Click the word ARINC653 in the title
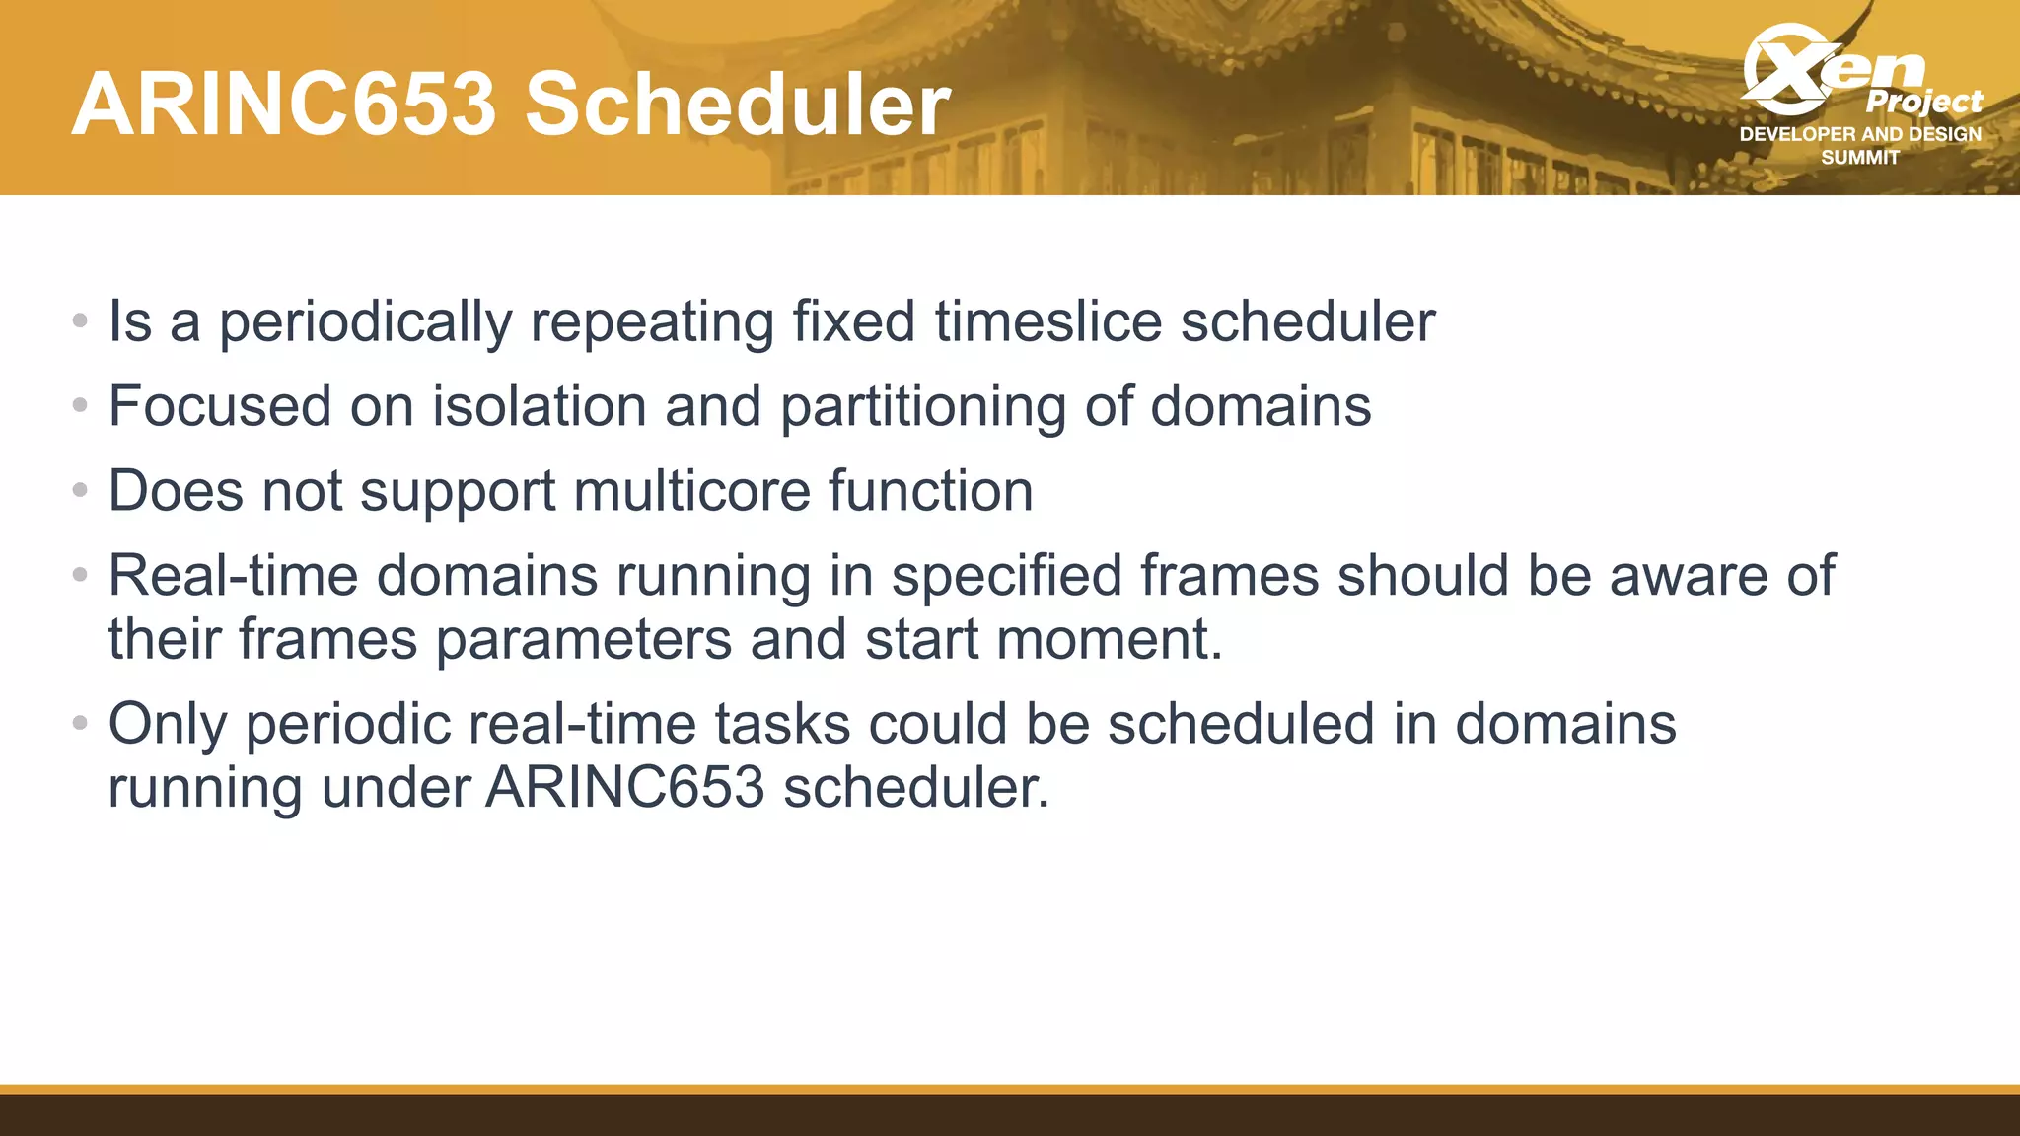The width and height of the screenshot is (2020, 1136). point(284,105)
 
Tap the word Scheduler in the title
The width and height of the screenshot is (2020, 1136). point(738,105)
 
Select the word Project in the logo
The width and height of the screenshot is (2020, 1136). point(1923,102)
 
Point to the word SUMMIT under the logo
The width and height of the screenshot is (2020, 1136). point(1860,158)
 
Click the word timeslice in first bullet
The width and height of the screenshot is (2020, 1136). point(1048,321)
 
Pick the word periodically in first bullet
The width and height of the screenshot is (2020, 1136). point(365,321)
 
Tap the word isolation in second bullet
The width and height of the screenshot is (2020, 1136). point(540,406)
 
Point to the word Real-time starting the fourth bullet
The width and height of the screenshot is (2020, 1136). point(233,576)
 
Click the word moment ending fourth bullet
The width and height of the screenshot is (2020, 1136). point(1109,640)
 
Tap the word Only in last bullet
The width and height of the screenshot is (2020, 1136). point(168,725)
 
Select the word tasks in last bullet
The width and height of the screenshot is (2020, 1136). point(782,725)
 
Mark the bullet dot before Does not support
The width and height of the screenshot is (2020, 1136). point(81,490)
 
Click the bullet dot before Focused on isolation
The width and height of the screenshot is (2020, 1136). point(81,405)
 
